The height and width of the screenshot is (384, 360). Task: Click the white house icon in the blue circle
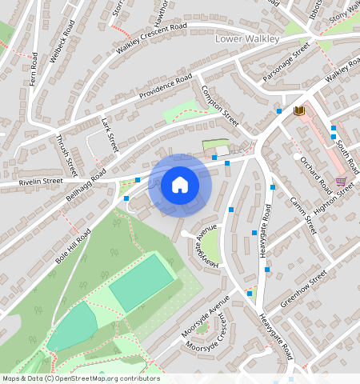180,186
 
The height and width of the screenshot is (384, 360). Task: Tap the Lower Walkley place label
249,38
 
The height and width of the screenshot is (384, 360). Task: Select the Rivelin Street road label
31,183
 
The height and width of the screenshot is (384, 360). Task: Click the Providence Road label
166,87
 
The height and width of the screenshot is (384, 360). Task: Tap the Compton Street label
221,106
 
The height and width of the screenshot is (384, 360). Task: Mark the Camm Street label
303,215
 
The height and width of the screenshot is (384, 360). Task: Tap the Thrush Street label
66,155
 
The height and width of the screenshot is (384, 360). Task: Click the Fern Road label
34,70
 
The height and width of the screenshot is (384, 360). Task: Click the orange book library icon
300,110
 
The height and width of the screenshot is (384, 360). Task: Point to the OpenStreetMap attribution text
80,378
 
